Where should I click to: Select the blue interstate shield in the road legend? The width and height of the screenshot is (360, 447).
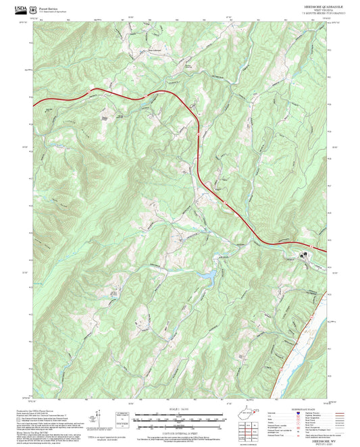[x=299, y=414]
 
